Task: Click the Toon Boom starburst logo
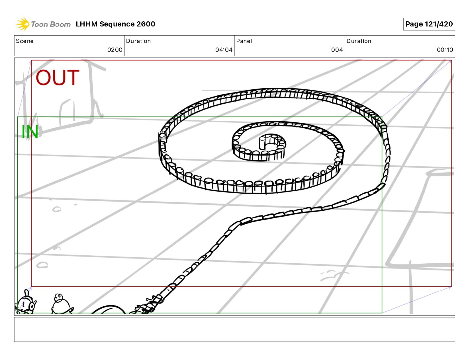click(22, 24)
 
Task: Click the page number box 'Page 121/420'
click(429, 24)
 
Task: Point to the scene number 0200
click(115, 50)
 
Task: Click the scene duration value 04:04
click(224, 50)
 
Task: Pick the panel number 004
click(337, 50)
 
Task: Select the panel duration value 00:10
click(445, 50)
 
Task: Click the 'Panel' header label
click(244, 41)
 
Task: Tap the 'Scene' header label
click(25, 41)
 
